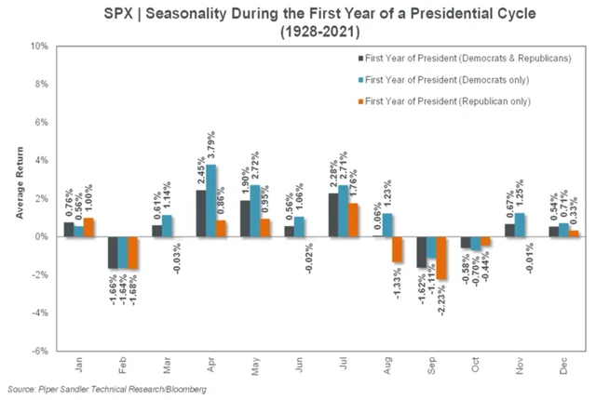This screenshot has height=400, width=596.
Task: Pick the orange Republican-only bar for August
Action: [397, 249]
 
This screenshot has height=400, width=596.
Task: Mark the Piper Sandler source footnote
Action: [108, 388]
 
